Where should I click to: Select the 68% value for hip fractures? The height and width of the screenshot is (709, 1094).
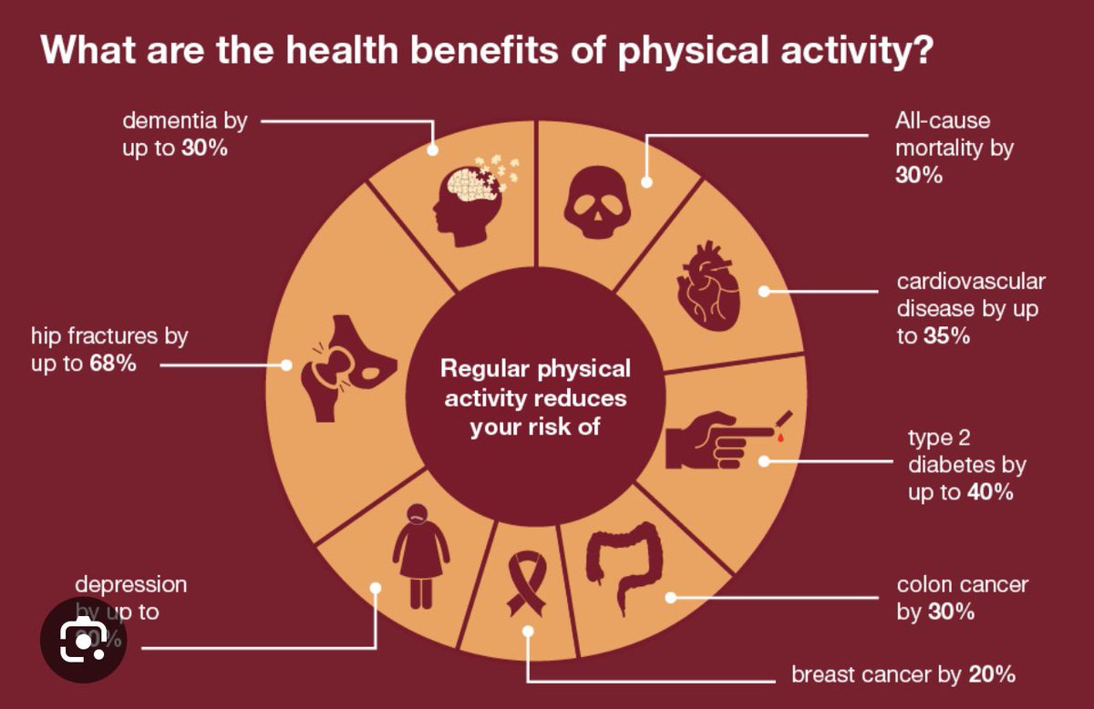tap(113, 365)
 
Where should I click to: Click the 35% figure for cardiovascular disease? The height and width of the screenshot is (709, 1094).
tap(945, 335)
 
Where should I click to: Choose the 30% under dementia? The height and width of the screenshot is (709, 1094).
tap(203, 148)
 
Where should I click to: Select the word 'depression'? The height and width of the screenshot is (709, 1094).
tap(130, 583)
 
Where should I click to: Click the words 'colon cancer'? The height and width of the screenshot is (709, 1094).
tap(963, 584)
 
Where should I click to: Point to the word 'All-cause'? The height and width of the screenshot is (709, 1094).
tap(943, 120)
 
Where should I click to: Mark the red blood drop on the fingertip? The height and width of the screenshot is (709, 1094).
tap(779, 438)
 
